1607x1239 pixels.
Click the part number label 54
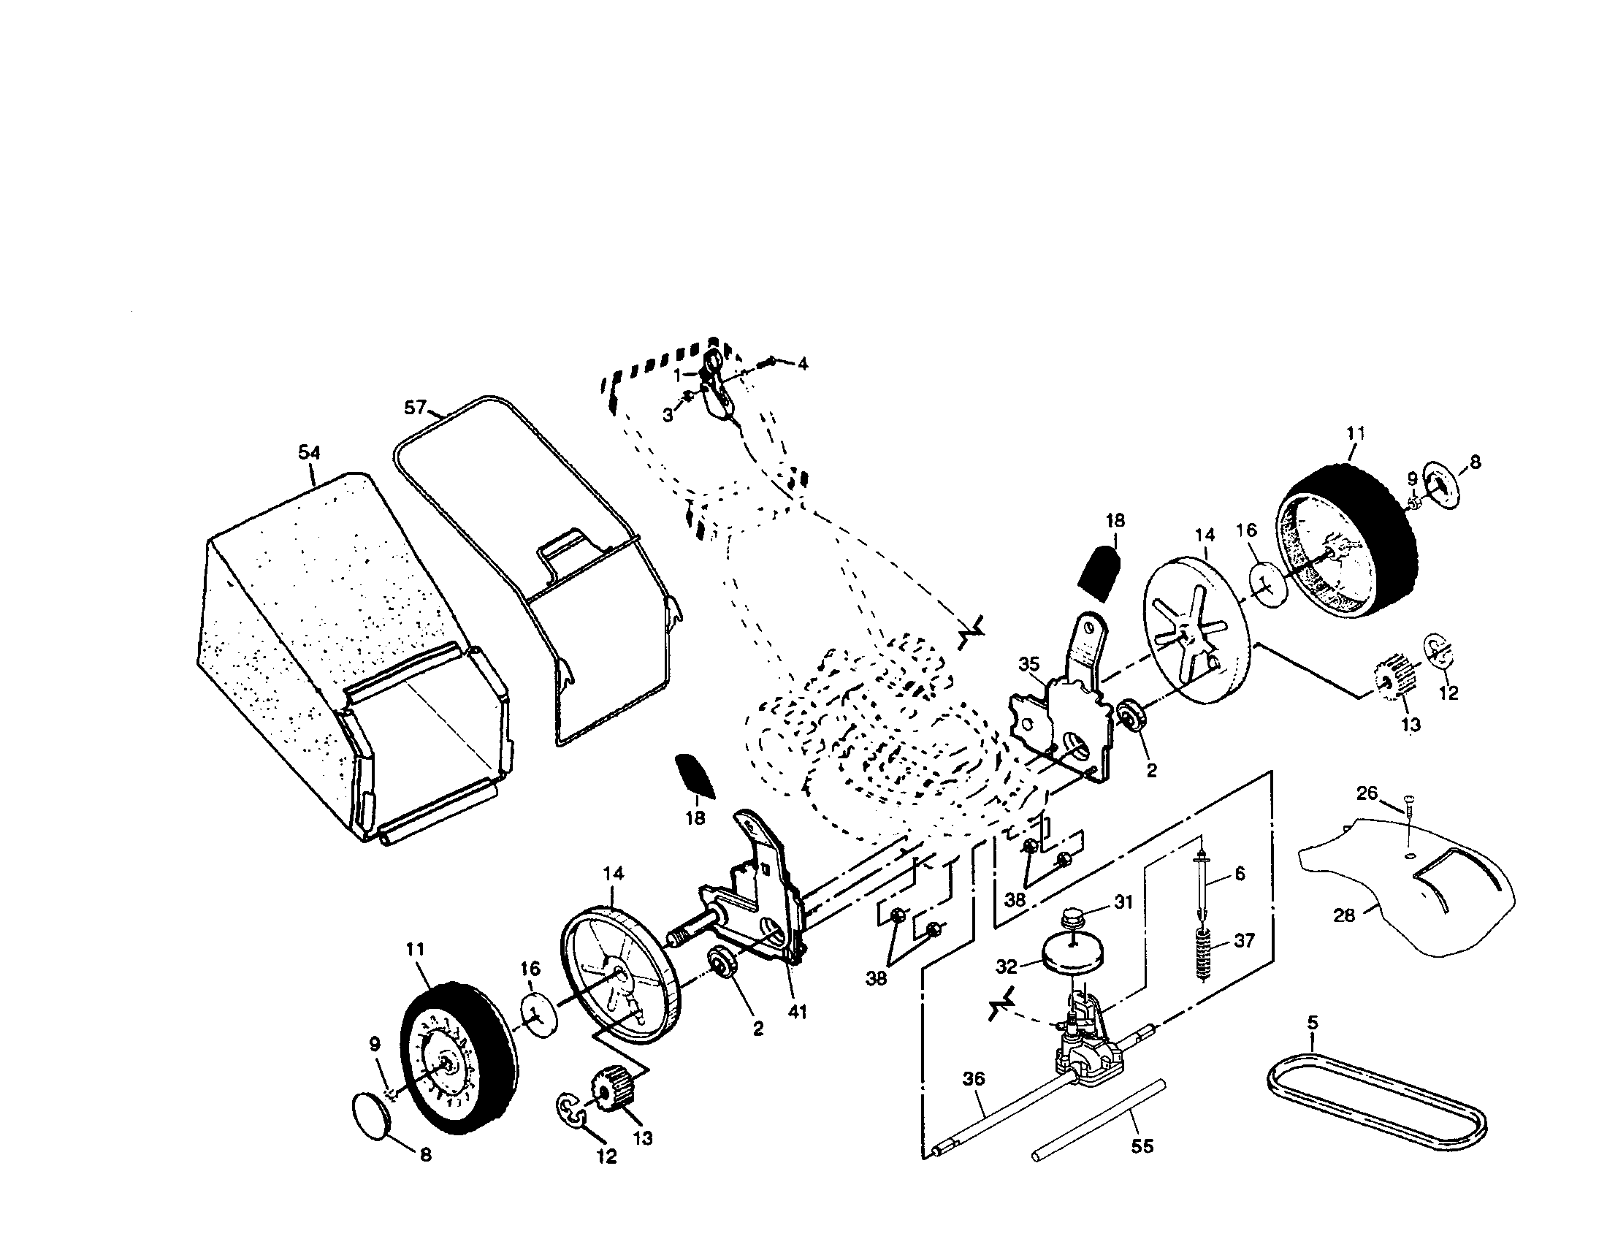(309, 452)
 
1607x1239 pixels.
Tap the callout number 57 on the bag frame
(416, 407)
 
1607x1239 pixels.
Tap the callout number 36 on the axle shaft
(973, 1079)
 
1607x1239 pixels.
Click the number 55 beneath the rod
(1142, 1145)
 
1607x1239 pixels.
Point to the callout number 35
(1028, 664)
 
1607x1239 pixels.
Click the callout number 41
(797, 1012)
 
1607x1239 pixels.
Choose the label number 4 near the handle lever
(802, 364)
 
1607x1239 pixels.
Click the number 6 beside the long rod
(1240, 873)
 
